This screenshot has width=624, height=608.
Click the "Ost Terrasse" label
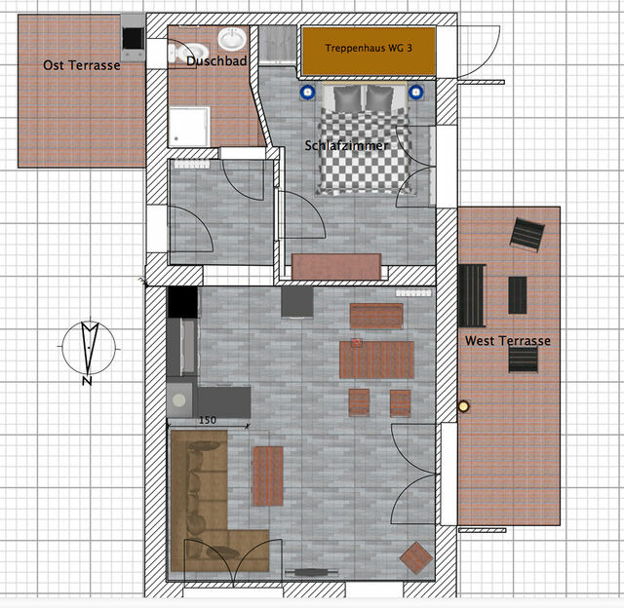click(x=82, y=65)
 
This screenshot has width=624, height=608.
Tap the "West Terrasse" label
click(x=508, y=340)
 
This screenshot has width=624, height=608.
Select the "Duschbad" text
click(x=216, y=60)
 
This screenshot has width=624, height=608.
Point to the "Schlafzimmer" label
click(x=346, y=145)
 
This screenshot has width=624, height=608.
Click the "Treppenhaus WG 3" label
click(x=369, y=48)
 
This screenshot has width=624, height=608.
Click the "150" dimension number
click(x=208, y=420)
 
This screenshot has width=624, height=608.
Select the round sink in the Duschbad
click(x=232, y=39)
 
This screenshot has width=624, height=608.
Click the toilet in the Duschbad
click(x=188, y=53)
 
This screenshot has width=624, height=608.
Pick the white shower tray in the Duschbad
click(x=189, y=127)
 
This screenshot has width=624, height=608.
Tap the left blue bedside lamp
click(x=308, y=93)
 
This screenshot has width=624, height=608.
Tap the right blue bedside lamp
click(x=416, y=93)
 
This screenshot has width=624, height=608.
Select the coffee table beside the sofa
click(x=268, y=476)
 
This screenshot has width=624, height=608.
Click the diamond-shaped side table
click(x=416, y=558)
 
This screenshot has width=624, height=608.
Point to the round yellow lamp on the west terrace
click(x=464, y=406)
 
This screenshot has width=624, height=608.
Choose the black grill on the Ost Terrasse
click(x=133, y=38)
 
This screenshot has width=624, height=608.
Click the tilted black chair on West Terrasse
click(x=527, y=235)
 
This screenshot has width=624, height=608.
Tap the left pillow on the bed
click(x=347, y=98)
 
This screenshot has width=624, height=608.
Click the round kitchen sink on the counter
click(x=179, y=400)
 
